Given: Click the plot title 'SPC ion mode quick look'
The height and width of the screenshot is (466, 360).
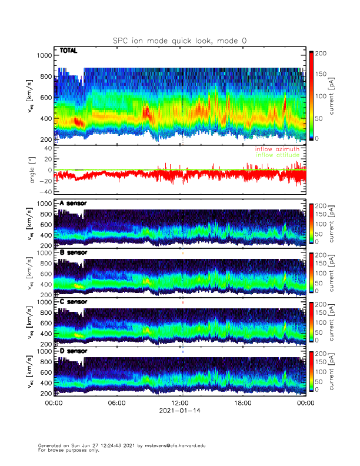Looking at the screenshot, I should tap(179, 41).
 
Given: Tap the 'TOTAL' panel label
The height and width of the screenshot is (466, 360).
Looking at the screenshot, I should tap(69, 52).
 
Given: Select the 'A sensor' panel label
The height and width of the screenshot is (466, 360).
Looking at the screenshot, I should tap(73, 204).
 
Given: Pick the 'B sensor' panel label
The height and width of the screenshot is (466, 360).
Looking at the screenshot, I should tap(73, 252).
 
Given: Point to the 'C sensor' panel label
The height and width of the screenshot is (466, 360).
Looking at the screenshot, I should tap(73, 302).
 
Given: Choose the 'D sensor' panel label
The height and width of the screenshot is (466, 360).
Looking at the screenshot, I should tap(73, 351).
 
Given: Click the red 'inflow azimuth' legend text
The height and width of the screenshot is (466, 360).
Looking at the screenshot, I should tap(276, 149).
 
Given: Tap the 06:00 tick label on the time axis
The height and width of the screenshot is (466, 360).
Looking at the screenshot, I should tap(116, 404).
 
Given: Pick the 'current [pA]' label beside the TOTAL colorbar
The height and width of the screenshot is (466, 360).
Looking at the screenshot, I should tap(331, 95).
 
